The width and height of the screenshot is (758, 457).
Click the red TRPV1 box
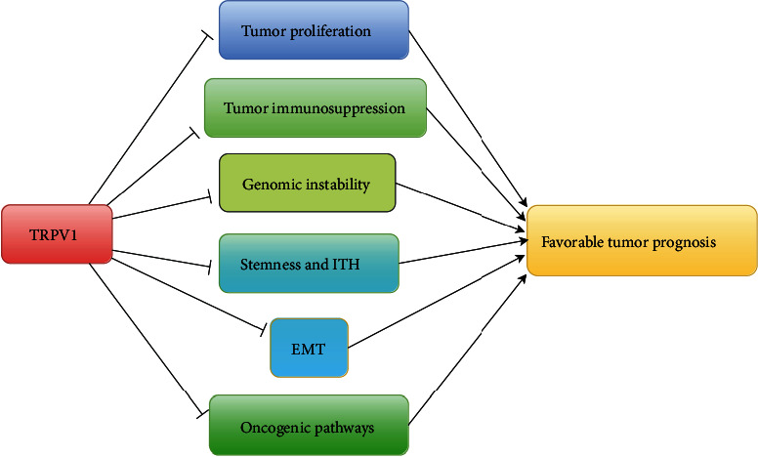click(57, 234)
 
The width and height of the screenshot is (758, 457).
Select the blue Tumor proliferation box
click(313, 30)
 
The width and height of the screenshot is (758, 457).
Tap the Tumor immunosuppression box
click(315, 107)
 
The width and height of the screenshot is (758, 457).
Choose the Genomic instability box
click(307, 183)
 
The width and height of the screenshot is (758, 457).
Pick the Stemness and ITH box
click(308, 263)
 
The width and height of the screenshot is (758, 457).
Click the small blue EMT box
click(309, 347)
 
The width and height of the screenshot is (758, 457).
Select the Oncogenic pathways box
click(308, 426)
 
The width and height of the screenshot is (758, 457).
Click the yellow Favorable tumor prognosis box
click(642, 239)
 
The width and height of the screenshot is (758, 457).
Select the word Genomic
click(270, 183)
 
